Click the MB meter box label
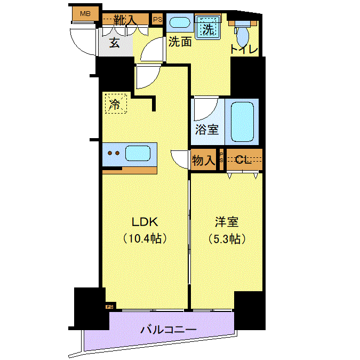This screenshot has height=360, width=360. (x=85, y=14)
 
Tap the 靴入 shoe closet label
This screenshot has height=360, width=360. (x=125, y=20)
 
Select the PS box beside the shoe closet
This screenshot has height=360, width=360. (x=157, y=19)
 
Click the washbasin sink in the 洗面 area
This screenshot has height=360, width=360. (x=180, y=23)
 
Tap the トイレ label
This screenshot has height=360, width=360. (x=244, y=49)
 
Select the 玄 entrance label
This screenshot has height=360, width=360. (x=114, y=43)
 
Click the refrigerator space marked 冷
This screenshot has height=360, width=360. (x=116, y=103)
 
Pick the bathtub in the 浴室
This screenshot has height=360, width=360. (x=243, y=122)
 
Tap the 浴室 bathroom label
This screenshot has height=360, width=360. (x=207, y=130)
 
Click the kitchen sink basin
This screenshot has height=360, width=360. (x=138, y=153)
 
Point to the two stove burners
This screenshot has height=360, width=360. (x=114, y=153)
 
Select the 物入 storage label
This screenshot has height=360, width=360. (x=204, y=160)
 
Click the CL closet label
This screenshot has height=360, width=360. (x=243, y=159)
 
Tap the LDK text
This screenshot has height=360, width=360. (x=145, y=222)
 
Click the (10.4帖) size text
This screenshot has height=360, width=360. (x=145, y=239)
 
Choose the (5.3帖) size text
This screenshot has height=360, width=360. (x=227, y=239)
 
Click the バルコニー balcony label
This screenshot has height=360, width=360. (x=169, y=330)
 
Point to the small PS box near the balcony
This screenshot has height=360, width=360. (x=109, y=307)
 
